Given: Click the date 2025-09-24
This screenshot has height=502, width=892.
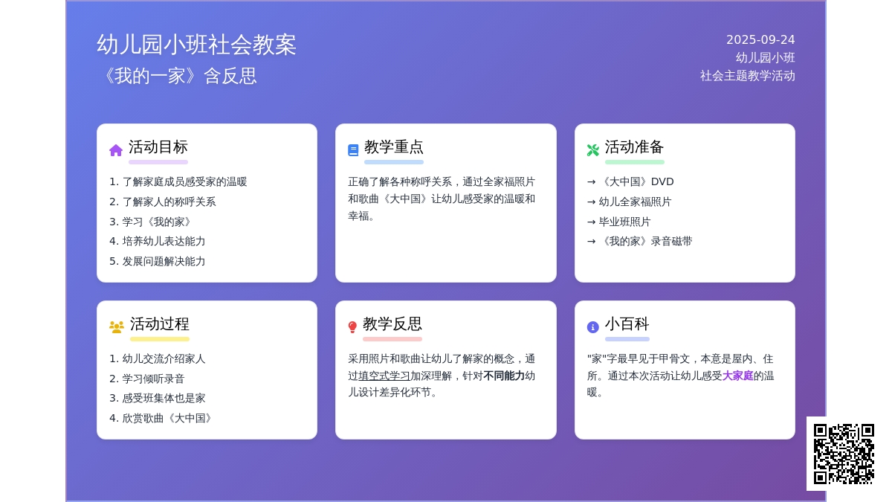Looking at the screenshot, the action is pos(760,40).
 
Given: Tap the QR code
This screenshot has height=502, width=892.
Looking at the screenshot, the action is pos(844,454).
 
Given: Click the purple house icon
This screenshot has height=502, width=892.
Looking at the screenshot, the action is pos(116,150).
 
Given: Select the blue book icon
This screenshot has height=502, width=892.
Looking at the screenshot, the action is pos(353,150).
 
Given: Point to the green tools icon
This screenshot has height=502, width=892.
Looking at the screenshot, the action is pos(592,150).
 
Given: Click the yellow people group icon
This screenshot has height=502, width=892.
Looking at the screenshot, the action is pos(116,327).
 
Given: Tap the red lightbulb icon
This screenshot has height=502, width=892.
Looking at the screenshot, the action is pos(352,327).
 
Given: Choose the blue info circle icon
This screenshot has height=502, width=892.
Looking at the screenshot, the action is pos(592,327).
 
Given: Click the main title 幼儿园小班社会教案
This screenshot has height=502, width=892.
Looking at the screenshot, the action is pos(197,44).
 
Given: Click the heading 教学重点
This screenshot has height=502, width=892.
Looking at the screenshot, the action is pos(394,147).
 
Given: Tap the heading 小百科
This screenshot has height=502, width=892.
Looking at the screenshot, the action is pos(627,324).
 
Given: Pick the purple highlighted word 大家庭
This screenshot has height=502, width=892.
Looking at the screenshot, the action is pos(737,376).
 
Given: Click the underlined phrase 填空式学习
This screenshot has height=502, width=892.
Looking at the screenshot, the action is pos(384,376).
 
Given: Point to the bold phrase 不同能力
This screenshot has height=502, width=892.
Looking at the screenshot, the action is pos(504,376).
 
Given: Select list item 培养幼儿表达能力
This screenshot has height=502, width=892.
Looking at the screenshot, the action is pos(164,242).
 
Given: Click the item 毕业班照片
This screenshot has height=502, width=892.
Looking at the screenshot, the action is pos(625,222).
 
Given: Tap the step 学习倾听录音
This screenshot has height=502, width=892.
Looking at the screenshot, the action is pos(153,379).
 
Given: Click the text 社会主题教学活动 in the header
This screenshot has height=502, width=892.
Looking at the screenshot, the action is pos(748,76).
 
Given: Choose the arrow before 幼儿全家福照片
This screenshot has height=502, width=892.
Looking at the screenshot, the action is pos(592,202).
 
